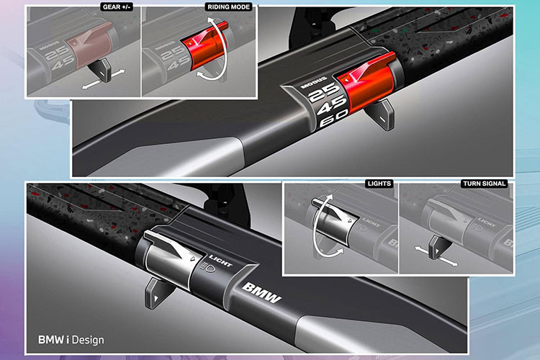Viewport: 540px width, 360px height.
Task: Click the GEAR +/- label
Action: pos(117,7)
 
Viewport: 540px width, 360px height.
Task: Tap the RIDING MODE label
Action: pos(229,7)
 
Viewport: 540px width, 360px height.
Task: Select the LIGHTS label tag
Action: pos(379,184)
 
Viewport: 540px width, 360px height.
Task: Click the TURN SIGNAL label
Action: pos(485,184)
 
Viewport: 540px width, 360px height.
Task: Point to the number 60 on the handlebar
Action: pos(333,119)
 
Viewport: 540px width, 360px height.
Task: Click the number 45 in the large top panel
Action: pos(331,105)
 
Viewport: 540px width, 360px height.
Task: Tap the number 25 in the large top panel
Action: pos(324,92)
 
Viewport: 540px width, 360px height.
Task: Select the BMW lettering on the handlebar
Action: pos(262,293)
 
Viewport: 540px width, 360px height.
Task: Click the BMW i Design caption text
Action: pos(71,340)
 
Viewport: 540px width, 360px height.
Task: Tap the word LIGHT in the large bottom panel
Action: pos(220,261)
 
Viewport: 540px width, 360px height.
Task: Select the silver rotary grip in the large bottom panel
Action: pos(168,258)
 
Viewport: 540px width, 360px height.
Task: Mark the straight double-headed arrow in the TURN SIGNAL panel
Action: pos(436,256)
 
